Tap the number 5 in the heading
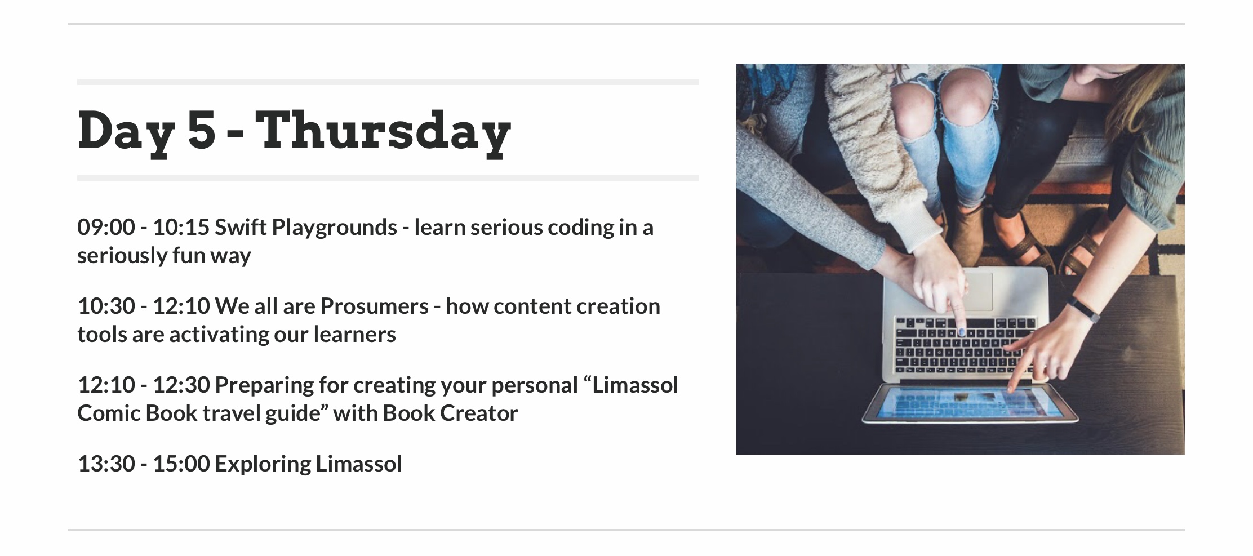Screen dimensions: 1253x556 [202, 130]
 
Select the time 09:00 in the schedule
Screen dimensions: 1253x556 [106, 228]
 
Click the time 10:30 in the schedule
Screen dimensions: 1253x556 [106, 306]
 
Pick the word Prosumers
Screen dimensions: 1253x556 [375, 306]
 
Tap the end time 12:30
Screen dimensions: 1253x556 [181, 385]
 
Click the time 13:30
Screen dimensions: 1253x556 [106, 464]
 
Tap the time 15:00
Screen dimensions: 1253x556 [181, 464]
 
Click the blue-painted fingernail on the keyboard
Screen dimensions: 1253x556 [962, 332]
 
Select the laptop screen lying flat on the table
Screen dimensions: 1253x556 [970, 403]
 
